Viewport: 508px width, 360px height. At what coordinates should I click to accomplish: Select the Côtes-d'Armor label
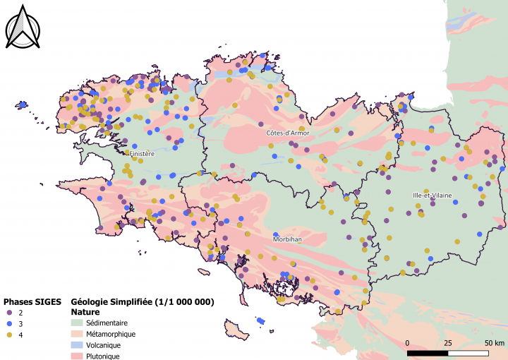click(287, 133)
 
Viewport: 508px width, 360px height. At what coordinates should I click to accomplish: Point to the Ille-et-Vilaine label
click(433, 195)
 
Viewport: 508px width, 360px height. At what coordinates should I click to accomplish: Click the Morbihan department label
click(287, 239)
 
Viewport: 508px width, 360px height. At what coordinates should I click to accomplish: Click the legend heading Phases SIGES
click(33, 301)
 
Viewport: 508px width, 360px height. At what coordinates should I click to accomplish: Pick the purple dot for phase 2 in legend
click(9, 312)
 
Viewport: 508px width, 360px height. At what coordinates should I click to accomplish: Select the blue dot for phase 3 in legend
click(9, 323)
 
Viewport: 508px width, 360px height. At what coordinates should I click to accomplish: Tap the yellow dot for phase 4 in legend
click(9, 334)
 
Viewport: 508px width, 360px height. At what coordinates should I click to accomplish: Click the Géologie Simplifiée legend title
click(142, 301)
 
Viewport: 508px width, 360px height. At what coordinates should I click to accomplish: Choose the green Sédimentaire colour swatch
click(78, 323)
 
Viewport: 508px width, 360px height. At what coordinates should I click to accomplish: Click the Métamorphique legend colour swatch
click(78, 334)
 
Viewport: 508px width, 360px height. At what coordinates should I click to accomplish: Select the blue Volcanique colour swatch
click(78, 345)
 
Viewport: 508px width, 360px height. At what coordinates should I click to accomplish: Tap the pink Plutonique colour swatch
click(78, 356)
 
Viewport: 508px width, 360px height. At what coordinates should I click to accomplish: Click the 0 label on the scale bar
click(409, 342)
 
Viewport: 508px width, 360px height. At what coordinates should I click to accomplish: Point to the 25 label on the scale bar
click(448, 342)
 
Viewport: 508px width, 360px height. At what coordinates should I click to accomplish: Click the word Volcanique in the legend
click(104, 345)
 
